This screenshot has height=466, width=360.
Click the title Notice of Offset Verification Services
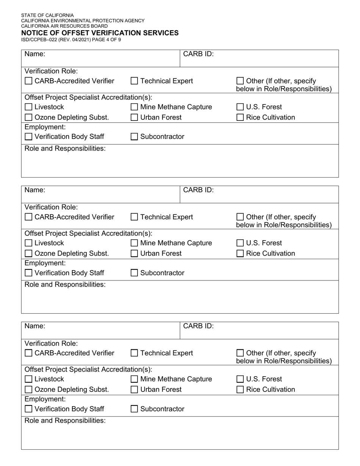pos(100,33)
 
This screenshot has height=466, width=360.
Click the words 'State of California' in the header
pos(47,16)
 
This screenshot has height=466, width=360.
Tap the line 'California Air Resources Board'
pos(64,26)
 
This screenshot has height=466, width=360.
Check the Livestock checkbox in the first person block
pos(28,107)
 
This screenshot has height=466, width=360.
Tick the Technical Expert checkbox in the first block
pos(134,81)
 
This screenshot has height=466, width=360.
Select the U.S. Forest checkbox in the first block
pos(240,107)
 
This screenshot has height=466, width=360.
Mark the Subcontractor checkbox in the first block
pos(134,137)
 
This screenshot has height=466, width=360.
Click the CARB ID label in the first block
pos(198,54)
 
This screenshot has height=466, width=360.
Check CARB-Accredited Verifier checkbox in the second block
pos(28,217)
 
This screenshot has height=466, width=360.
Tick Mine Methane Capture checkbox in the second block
pos(134,243)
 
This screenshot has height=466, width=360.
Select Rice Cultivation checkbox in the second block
pos(240,253)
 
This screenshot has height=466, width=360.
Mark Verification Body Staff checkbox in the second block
pos(28,273)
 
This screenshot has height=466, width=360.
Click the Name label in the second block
pos(35,190)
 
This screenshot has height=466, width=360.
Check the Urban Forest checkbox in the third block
pos(134,389)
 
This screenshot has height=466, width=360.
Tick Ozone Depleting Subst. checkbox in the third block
pos(28,389)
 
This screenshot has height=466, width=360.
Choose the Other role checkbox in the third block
pos(240,353)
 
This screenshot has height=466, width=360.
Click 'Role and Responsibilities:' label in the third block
pos(65,421)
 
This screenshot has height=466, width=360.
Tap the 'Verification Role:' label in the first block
pos(51,71)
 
